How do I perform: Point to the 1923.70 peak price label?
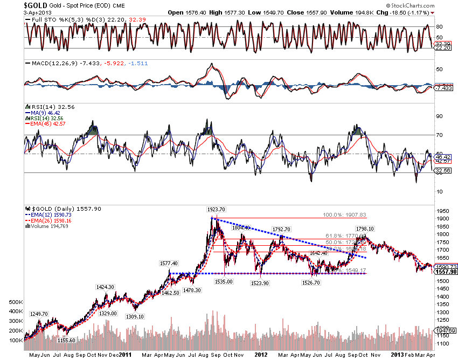[x=215, y=209]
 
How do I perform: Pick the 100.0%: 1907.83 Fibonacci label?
[x=345, y=214]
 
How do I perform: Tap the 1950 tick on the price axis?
[x=442, y=211]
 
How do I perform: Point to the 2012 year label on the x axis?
[x=261, y=354]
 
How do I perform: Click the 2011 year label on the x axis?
[x=125, y=354]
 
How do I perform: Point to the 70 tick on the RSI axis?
[x=439, y=135]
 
